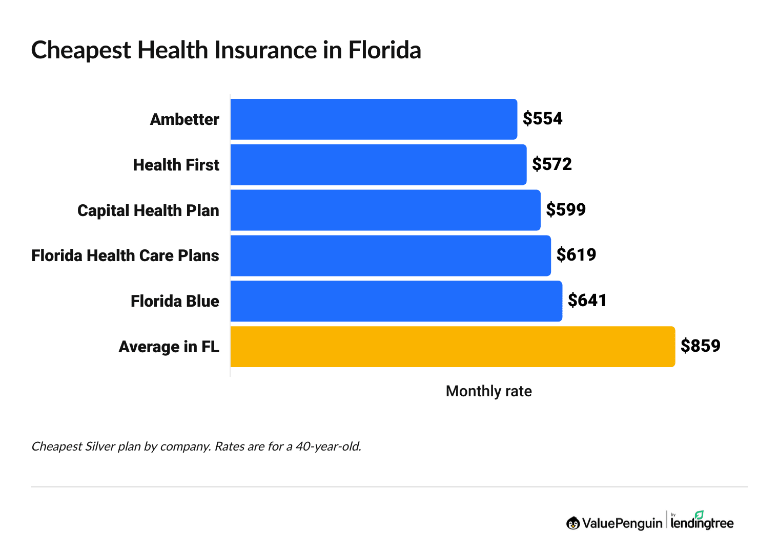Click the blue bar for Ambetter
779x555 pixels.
point(374,119)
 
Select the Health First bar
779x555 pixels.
point(378,165)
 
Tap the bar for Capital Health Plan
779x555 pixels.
point(385,210)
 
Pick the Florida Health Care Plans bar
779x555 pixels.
point(391,255)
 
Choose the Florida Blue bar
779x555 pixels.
point(396,301)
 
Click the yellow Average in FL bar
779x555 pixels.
point(453,347)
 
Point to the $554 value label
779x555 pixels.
point(542,119)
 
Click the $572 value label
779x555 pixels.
point(551,164)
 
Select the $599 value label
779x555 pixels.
point(566,209)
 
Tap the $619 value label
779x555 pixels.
point(576,255)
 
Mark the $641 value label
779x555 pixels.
point(587,301)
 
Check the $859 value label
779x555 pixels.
point(700,346)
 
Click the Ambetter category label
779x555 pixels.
point(184,119)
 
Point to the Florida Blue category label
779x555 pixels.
point(175,301)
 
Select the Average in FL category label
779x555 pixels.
point(169,347)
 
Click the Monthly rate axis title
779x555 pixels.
point(488,391)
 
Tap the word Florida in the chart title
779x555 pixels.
point(384,50)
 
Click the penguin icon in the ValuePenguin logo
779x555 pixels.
point(573,523)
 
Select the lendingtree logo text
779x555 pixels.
point(702,523)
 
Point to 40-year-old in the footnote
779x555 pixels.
point(328,446)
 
